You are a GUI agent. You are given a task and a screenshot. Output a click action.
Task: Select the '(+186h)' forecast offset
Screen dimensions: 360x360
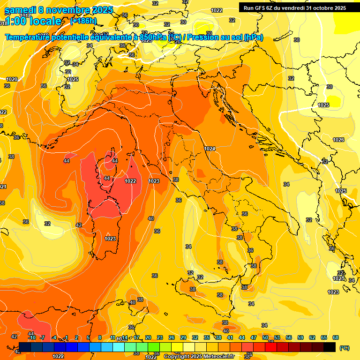pyautogui.click(x=83, y=21)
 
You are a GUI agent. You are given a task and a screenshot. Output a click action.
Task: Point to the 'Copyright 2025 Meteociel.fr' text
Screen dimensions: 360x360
pyautogui.click(x=199, y=356)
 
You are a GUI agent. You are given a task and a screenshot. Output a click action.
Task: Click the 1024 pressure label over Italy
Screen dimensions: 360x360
pyautogui.click(x=210, y=149)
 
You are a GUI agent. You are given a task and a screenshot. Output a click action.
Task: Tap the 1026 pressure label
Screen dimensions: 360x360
pyautogui.click(x=338, y=140)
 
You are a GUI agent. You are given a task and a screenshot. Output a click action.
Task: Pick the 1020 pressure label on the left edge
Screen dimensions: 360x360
pyautogui.click(x=12, y=79)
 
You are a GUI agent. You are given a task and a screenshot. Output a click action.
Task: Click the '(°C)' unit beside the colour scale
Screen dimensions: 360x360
pyautogui.click(x=344, y=348)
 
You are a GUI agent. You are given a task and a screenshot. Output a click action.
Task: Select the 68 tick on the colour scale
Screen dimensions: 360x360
pyautogui.click(x=336, y=337)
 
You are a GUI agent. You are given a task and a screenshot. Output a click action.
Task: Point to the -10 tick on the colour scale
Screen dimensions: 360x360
pyautogui.click(x=32, y=337)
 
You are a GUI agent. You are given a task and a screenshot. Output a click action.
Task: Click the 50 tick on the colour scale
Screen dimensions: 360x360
pyautogui.click(x=265, y=337)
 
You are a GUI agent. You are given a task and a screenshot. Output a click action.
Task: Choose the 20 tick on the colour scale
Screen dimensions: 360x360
pyautogui.click(x=148, y=337)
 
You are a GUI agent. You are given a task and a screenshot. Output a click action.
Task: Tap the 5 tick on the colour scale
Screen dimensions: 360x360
pyautogui.click(x=88, y=337)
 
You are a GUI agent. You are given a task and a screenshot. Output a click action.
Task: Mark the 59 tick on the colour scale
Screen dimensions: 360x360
pyautogui.click(x=300, y=337)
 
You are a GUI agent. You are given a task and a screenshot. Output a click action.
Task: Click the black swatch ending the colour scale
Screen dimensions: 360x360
pyautogui.click(x=330, y=347)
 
